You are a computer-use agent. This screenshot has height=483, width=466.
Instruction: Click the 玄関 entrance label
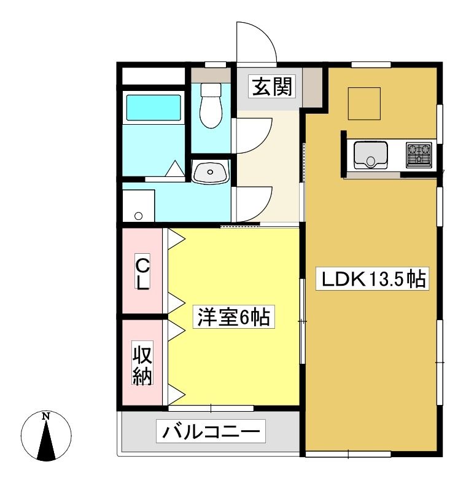[x=272, y=87]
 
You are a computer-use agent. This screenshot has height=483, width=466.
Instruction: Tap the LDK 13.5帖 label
[x=373, y=279]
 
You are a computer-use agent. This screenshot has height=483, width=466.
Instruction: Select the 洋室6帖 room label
[x=234, y=317]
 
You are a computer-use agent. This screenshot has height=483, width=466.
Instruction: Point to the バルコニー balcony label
[x=211, y=431]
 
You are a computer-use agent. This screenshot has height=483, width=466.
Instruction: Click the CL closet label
[x=142, y=272]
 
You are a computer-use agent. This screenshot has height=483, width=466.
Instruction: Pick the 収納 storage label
[x=142, y=363]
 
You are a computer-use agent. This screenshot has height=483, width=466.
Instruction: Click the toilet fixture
[x=211, y=105]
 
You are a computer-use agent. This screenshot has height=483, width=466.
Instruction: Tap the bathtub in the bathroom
[x=153, y=108]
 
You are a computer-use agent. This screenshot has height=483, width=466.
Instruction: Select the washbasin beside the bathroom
[x=210, y=171]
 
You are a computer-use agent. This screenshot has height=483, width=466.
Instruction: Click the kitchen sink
[x=370, y=155]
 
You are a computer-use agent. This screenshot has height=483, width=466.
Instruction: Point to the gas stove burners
[x=419, y=155]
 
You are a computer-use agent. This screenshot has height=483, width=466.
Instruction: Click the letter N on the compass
[x=46, y=417]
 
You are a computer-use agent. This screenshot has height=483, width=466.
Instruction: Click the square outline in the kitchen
[x=364, y=103]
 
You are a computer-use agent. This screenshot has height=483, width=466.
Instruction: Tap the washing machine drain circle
[x=139, y=216]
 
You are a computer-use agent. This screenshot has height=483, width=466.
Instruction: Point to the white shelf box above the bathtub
[x=153, y=76]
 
